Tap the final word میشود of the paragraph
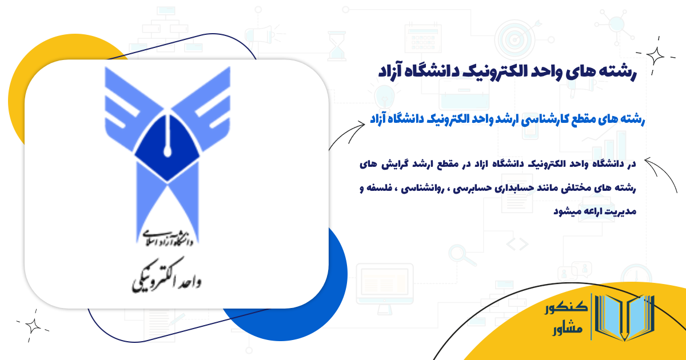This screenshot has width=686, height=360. [x=571, y=211]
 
